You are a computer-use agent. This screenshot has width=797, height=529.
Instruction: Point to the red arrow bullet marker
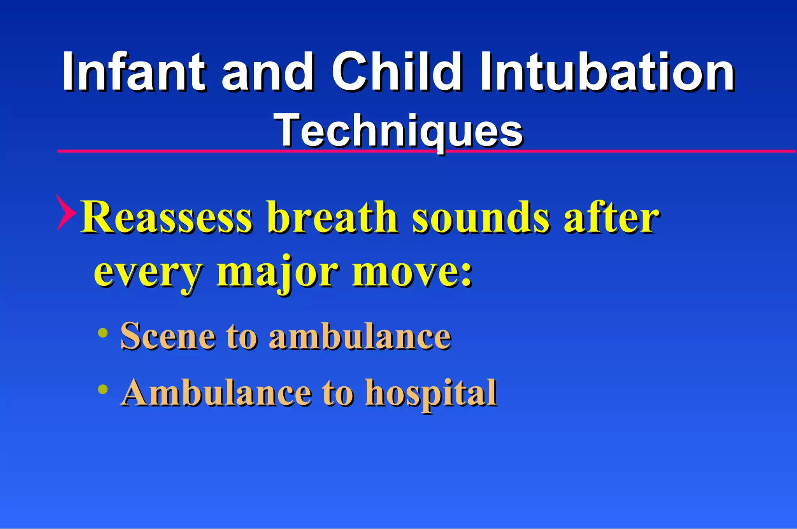65,213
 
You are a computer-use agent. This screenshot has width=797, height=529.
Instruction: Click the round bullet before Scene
103,332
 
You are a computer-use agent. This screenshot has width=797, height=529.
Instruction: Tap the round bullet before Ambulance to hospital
103,389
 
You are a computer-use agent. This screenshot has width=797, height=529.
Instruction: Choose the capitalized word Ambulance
216,392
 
